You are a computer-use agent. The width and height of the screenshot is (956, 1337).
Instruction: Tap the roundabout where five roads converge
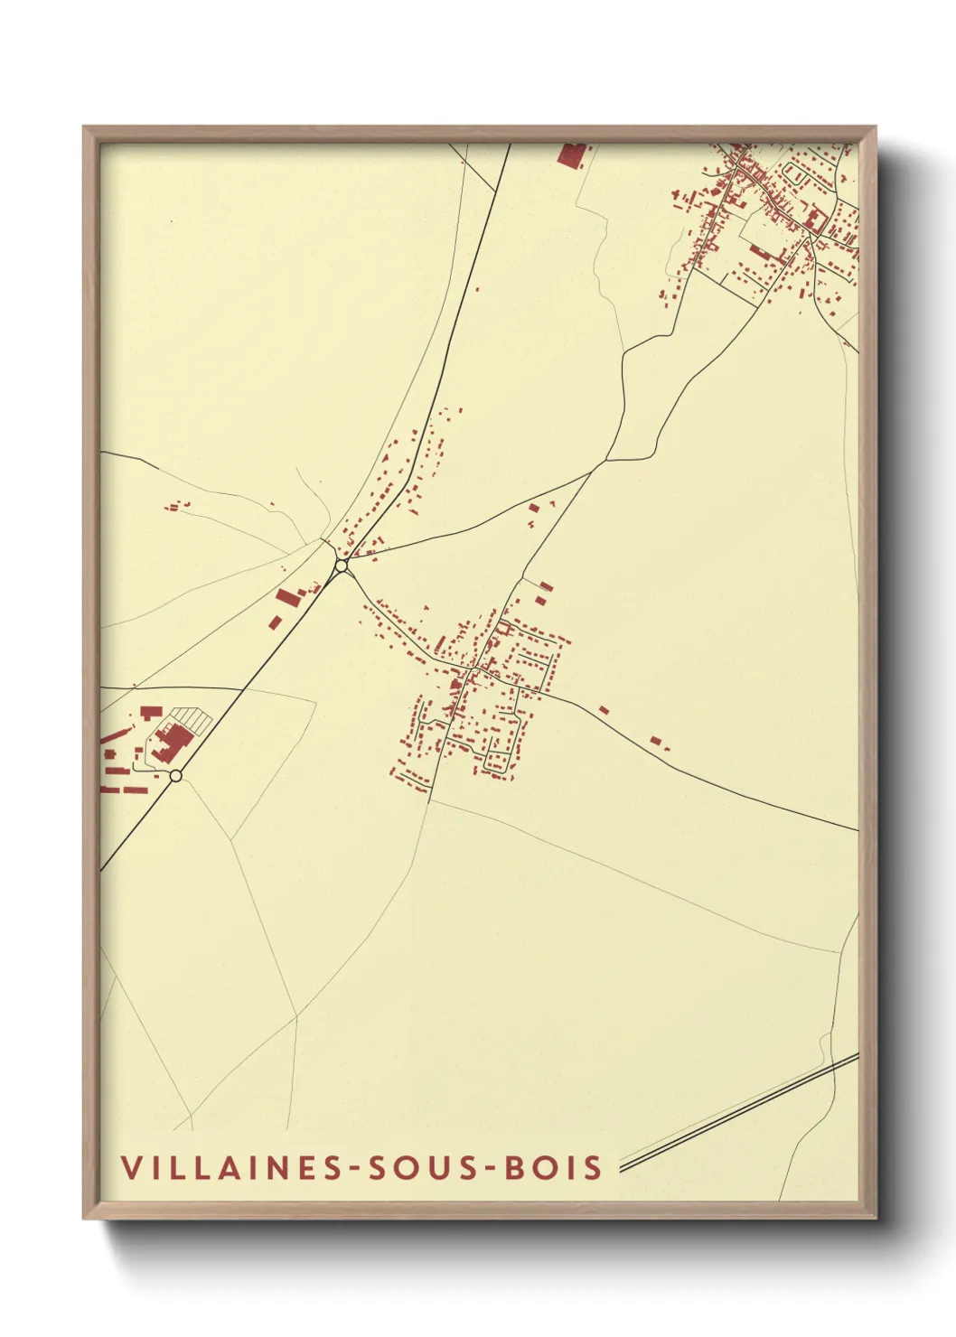coord(342,566)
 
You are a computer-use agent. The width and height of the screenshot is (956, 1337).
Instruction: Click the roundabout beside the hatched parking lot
coord(176,775)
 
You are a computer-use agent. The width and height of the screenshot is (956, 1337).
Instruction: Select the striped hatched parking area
coord(192,718)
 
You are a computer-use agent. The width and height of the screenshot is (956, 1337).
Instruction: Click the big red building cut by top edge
coord(571,154)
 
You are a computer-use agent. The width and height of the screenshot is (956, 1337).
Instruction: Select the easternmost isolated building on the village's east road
coord(656,741)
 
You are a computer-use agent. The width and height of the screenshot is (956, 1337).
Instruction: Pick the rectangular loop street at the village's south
coord(498,761)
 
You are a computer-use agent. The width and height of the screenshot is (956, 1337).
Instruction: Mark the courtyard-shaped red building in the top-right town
coord(814,220)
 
